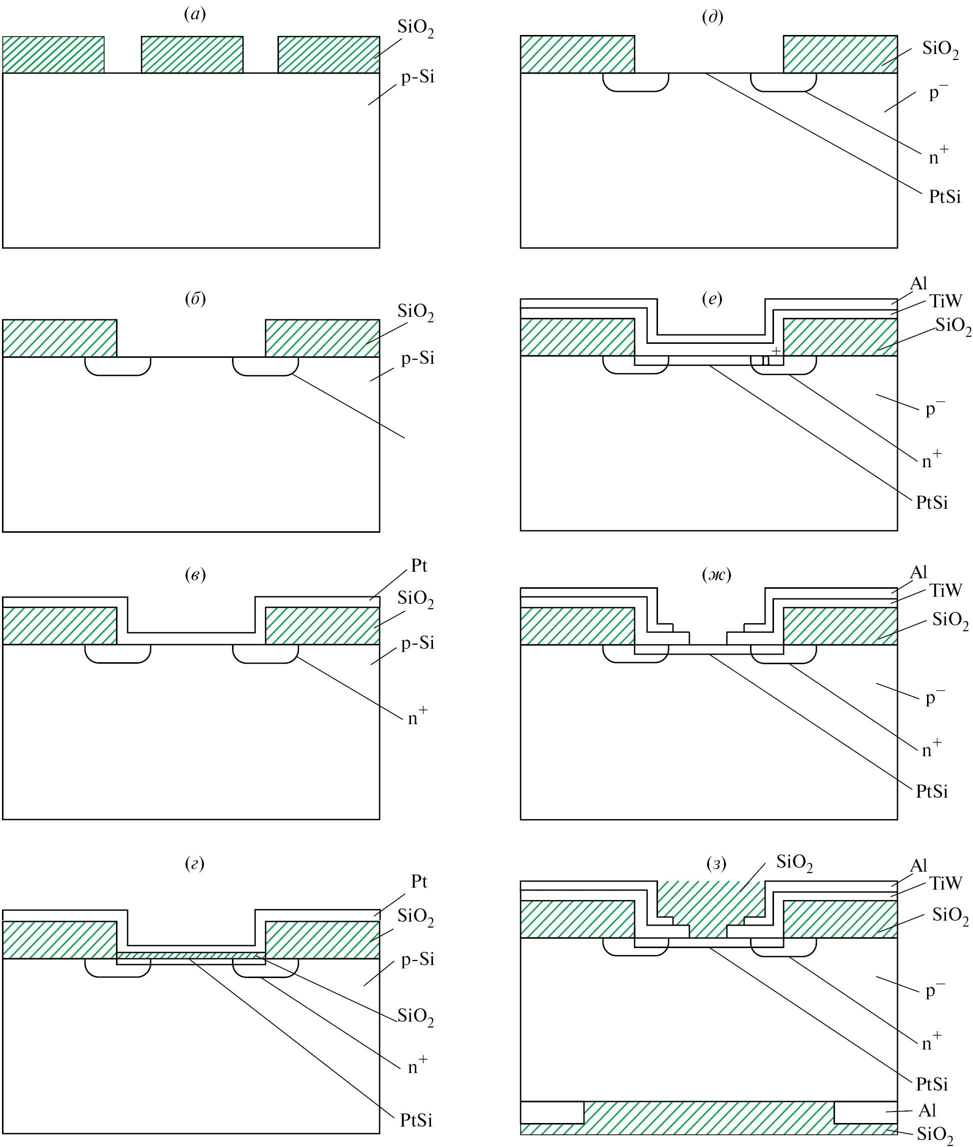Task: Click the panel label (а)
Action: [194, 15]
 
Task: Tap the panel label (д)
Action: [712, 17]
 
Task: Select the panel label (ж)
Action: [716, 575]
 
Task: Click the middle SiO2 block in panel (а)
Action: [192, 54]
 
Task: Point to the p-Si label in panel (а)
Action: [417, 77]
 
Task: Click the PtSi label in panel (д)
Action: [945, 196]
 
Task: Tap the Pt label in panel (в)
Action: [418, 566]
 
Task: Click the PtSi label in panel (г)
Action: [416, 1120]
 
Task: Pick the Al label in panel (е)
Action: [918, 283]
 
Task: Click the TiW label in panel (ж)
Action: [946, 590]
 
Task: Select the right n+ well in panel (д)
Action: [782, 81]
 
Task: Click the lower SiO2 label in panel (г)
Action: [415, 1016]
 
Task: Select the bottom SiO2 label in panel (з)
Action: [935, 1135]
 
